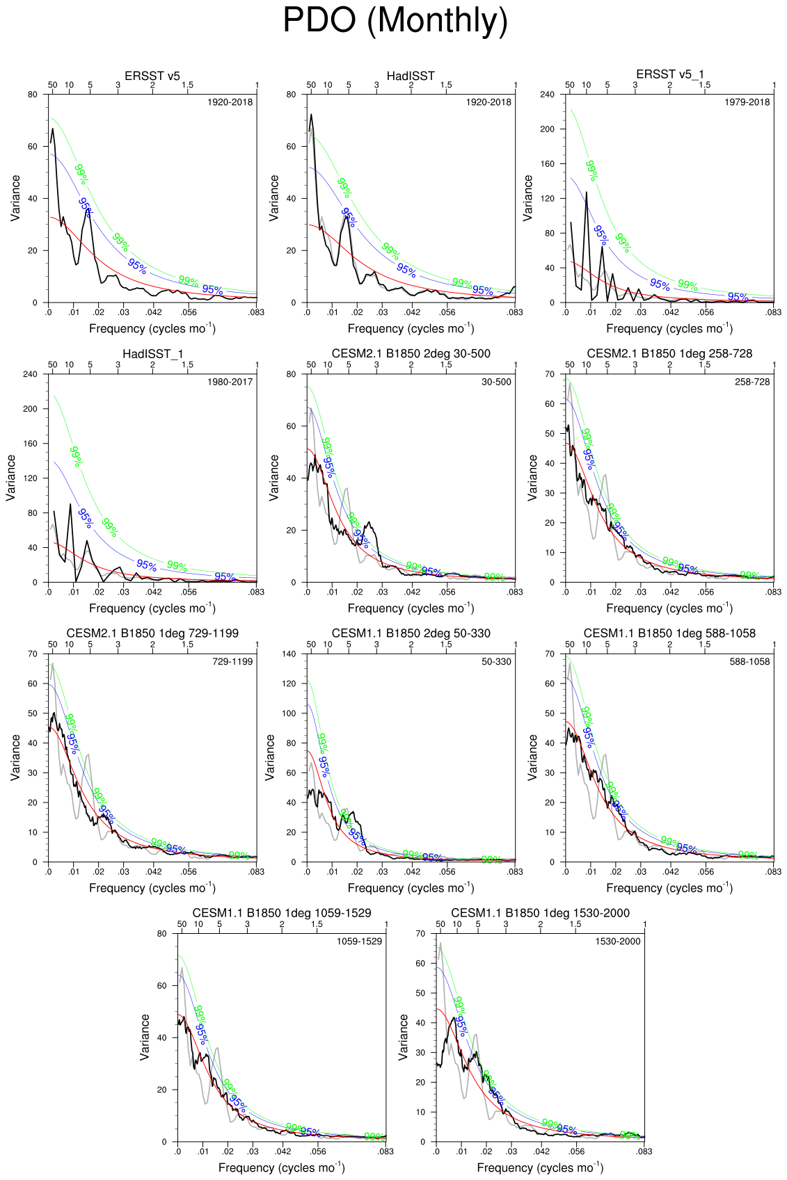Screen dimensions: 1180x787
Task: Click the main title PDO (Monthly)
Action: [x=395, y=21]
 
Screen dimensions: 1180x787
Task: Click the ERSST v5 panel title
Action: [x=152, y=76]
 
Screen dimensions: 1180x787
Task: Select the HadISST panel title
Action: [x=411, y=76]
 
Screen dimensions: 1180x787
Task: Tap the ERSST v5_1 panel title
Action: [x=669, y=74]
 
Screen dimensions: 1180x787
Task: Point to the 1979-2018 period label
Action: [x=747, y=102]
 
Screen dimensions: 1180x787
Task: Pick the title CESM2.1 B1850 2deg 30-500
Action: [x=411, y=354]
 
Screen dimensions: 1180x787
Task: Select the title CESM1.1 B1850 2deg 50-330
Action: [x=411, y=633]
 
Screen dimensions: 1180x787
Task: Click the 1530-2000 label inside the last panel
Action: [x=618, y=941]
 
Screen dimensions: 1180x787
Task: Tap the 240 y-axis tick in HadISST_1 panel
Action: [x=30, y=374]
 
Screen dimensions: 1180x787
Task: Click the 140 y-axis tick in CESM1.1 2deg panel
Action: [x=288, y=654]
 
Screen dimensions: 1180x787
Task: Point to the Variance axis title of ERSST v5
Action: [x=15, y=198]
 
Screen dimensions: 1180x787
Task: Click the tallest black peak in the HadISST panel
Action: [x=311, y=115]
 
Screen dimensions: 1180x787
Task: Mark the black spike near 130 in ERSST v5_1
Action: [x=587, y=192]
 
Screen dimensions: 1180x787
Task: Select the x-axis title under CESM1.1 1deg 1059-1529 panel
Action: [x=281, y=1167]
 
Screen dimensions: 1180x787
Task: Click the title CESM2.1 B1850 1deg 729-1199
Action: [x=152, y=633]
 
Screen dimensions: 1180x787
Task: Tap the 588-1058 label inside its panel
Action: [x=749, y=662]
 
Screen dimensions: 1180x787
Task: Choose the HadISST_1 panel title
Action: [x=152, y=354]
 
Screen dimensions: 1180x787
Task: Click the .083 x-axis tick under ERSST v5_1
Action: [x=773, y=313]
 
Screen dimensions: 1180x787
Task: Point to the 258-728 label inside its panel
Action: [x=752, y=382]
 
